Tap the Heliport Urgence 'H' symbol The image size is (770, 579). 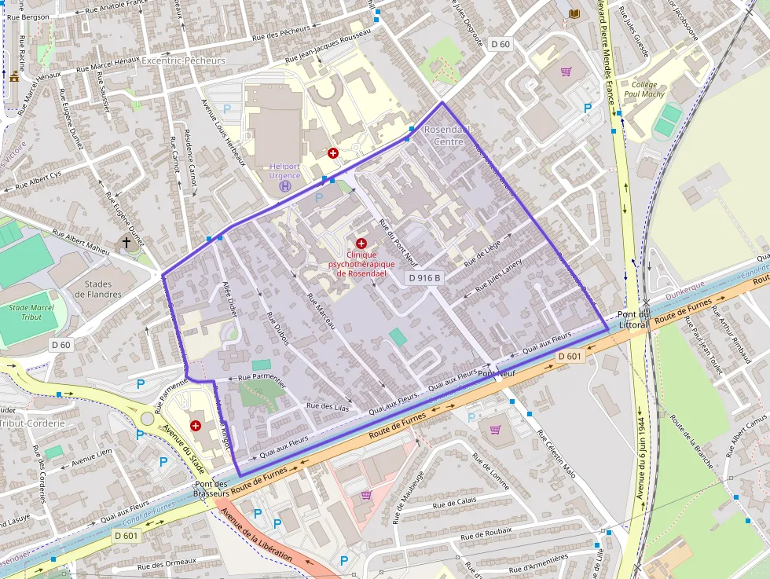(x=285, y=186)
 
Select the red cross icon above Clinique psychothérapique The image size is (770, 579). (x=361, y=244)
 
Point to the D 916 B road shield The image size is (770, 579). (x=424, y=278)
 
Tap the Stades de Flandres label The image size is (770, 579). (x=98, y=288)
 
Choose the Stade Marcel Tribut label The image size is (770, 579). (x=31, y=312)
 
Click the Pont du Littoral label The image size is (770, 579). (x=632, y=319)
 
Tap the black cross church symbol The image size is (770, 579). (x=126, y=243)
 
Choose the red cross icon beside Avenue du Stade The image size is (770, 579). (x=196, y=425)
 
